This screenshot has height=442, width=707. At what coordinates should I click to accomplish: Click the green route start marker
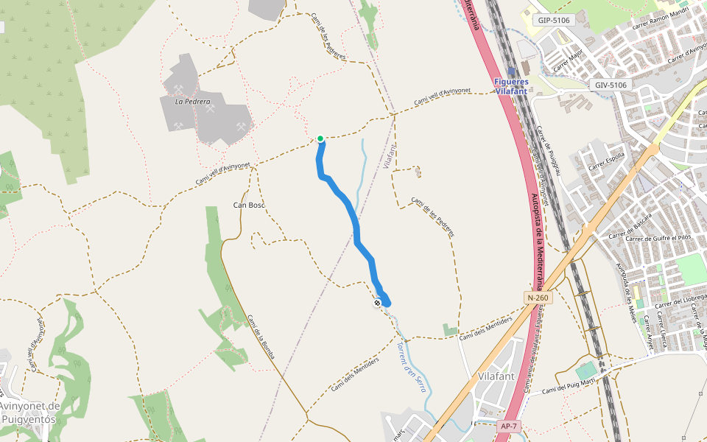coord(320,138)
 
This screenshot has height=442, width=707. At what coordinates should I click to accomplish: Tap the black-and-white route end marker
coord(377,302)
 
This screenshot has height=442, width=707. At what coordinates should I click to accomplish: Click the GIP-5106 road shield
coord(554,20)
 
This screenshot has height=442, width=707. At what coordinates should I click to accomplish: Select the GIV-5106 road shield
coord(611,85)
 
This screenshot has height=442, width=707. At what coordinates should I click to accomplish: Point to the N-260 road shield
coord(538,298)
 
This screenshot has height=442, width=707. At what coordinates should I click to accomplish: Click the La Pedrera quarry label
coord(192,102)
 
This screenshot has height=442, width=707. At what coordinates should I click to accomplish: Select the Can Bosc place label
coord(249,205)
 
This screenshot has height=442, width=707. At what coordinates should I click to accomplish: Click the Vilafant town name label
coord(496,376)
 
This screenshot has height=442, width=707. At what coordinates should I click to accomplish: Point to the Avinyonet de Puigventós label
coord(29,413)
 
